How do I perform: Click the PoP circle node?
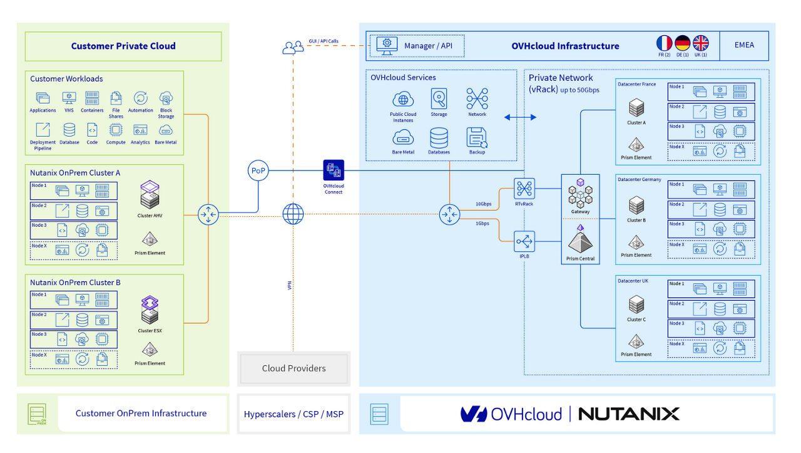click(258, 170)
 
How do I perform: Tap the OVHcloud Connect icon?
click(333, 170)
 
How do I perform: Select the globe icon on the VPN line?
click(293, 214)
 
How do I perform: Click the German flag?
click(682, 43)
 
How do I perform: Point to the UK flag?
click(700, 43)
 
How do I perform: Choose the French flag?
click(664, 43)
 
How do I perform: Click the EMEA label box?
click(744, 45)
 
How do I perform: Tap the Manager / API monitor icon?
click(387, 45)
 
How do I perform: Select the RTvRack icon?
click(524, 188)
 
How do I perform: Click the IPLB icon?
click(524, 241)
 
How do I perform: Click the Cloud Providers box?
click(293, 368)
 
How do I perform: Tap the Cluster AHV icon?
click(149, 195)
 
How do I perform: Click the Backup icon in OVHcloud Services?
click(477, 137)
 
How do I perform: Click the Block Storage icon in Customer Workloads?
click(166, 98)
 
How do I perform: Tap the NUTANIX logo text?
click(628, 414)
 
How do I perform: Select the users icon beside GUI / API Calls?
click(293, 47)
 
